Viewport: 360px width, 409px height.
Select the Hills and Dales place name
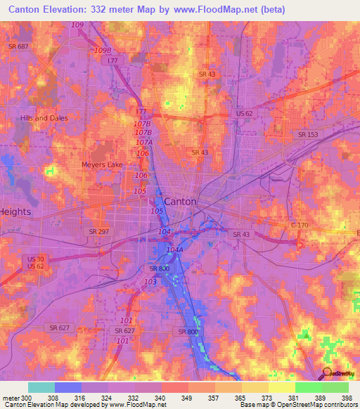tap(44, 118)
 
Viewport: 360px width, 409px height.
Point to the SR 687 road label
tap(18, 46)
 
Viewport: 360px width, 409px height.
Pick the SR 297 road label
tap(99, 231)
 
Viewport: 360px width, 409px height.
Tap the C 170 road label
tap(300, 226)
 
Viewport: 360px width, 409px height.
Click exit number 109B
tap(103, 51)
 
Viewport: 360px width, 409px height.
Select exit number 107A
tap(143, 142)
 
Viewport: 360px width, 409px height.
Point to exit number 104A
tap(175, 249)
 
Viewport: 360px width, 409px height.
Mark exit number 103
tap(149, 281)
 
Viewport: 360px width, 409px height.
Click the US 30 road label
tap(34, 259)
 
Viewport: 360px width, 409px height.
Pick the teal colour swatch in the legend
tap(41, 387)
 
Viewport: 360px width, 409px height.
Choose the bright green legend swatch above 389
tap(308, 387)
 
